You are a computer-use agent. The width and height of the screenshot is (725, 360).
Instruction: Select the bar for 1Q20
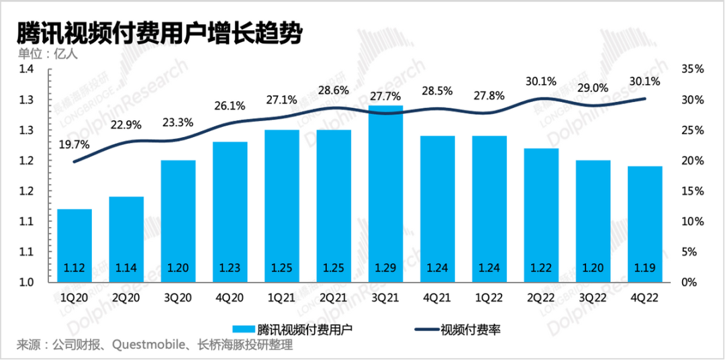(74, 245)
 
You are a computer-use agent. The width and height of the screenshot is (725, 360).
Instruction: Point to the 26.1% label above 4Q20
(230, 106)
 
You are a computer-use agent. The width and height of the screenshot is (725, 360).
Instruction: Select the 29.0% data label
(592, 88)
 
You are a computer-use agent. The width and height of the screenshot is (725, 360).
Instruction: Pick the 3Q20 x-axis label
(178, 296)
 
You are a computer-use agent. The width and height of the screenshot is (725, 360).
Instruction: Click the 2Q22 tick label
(541, 296)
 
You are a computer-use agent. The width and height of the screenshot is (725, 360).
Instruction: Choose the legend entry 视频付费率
(470, 329)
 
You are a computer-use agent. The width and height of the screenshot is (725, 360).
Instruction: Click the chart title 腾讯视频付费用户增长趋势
(158, 33)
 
